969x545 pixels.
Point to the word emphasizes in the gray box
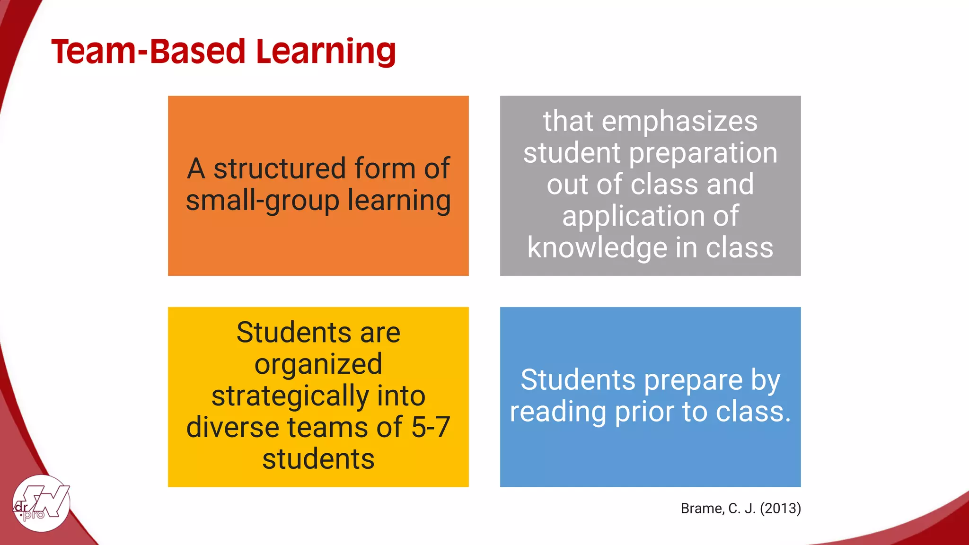point(679,121)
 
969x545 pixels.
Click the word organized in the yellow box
point(318,364)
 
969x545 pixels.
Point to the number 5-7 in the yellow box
point(431,427)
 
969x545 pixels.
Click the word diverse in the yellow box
point(232,427)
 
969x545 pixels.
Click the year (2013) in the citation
point(780,509)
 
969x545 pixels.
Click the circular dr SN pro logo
point(42,503)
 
